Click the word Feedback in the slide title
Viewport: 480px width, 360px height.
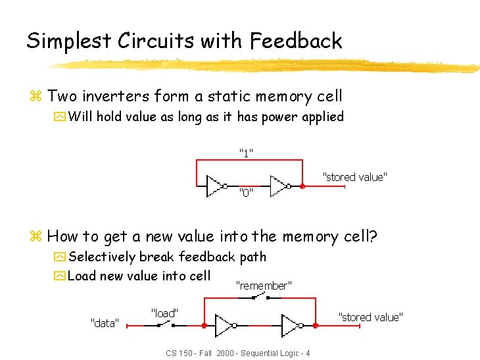pos(296,41)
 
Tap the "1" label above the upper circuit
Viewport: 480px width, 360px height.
pos(246,153)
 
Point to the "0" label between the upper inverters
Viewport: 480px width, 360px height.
pos(246,193)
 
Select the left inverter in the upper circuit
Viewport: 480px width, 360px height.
pos(216,186)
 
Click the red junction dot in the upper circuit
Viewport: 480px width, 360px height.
pos(303,186)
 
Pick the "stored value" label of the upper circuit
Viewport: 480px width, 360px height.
pos(354,177)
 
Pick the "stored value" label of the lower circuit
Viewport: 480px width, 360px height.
pos(370,317)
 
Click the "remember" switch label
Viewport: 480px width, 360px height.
pos(263,286)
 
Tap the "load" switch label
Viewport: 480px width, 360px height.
pos(164,313)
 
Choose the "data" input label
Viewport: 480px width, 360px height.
pos(104,323)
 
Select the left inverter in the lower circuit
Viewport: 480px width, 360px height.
pos(226,326)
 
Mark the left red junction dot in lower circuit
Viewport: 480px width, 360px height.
pos(204,326)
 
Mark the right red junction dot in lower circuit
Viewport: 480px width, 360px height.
pos(314,326)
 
